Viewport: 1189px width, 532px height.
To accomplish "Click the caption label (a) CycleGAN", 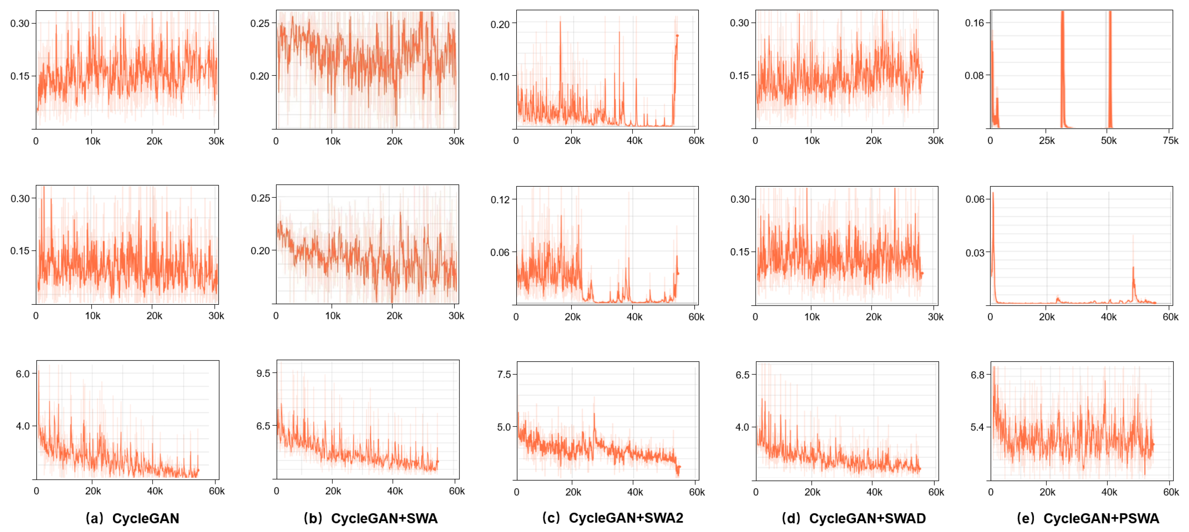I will tap(133, 518).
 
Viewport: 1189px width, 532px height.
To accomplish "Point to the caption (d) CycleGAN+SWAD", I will tap(854, 518).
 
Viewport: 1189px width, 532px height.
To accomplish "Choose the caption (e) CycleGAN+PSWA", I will tap(1088, 518).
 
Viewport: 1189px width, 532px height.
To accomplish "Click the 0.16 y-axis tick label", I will tap(974, 23).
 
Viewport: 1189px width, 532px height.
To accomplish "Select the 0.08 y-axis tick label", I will tap(974, 75).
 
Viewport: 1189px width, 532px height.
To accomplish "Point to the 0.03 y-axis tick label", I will tap(975, 252).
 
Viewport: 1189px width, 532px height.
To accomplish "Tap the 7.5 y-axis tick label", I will tap(504, 374).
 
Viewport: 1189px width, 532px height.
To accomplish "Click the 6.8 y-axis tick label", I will tap(978, 375).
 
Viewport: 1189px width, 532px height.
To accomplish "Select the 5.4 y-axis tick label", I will tap(978, 427).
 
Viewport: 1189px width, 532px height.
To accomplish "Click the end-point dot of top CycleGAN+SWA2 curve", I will tap(677, 36).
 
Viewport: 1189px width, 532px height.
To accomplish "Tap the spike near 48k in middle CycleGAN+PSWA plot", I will tap(1133, 268).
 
